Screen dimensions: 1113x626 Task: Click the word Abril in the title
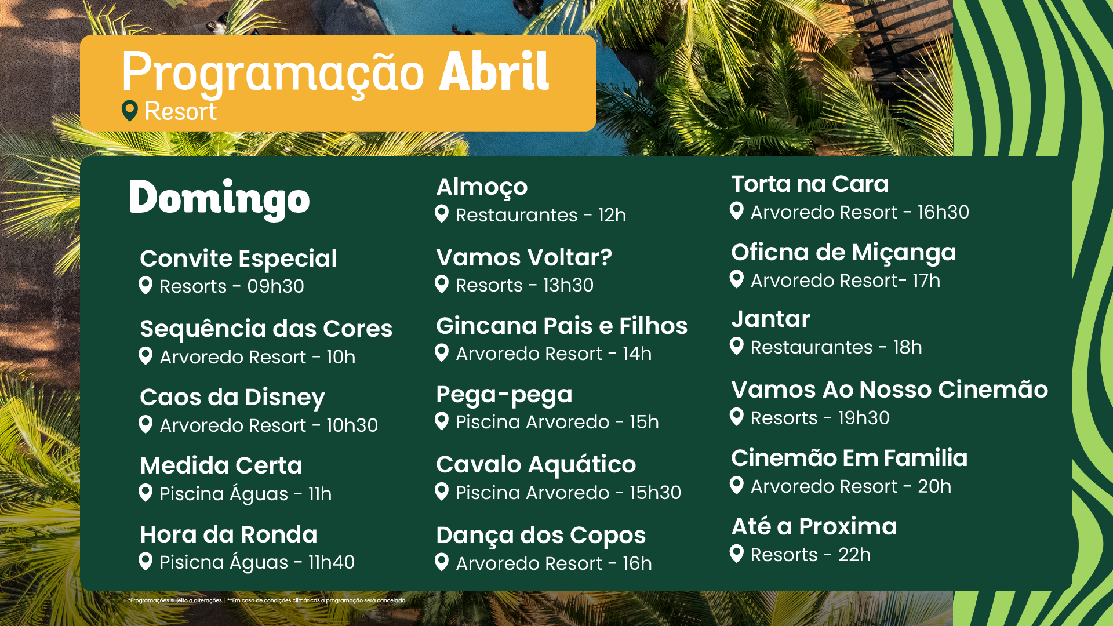[x=494, y=71]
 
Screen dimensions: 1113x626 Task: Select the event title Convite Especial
[x=238, y=259]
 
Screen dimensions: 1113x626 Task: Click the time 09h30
[x=275, y=286]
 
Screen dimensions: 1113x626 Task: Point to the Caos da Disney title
[x=232, y=398]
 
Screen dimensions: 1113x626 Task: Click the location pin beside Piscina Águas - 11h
[x=146, y=493]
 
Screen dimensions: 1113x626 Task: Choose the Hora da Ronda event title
[x=228, y=534]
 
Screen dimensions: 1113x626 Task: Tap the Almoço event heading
[x=482, y=188]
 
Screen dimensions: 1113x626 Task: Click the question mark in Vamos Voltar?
[x=606, y=257]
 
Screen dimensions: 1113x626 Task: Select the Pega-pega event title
[x=504, y=395]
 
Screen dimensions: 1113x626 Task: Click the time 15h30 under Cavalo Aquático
[x=655, y=493]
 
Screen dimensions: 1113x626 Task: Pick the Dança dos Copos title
[x=541, y=536]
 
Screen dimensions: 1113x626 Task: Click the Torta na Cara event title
[x=810, y=184]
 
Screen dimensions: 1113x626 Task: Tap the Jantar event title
[x=770, y=319]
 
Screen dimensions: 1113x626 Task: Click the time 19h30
[x=864, y=418]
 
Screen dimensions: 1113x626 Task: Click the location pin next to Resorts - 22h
[x=737, y=554]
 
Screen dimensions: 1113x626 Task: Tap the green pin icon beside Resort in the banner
[x=130, y=110]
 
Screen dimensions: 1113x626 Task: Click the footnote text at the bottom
[x=267, y=600]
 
